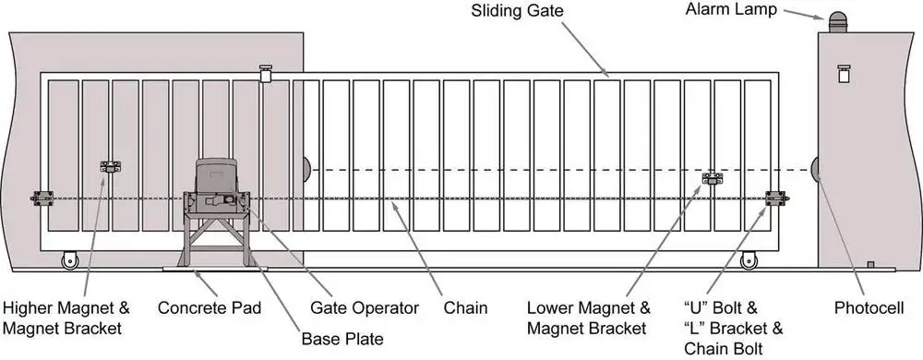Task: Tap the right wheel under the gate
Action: pyautogui.click(x=746, y=261)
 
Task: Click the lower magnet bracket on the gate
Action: pyautogui.click(x=713, y=177)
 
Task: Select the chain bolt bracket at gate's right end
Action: pyautogui.click(x=777, y=198)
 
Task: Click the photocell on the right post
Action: pyautogui.click(x=816, y=170)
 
